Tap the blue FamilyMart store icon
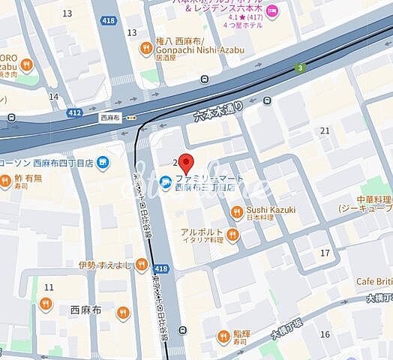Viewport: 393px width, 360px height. pos(164,178)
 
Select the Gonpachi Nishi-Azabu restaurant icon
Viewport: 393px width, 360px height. pos(145,49)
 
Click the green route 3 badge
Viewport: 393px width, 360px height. pos(301,67)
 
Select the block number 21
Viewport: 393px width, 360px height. pos(325,130)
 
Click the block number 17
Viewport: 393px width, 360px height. pos(325,253)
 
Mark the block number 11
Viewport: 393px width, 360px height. pos(49,287)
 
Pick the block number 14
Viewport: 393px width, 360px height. pos(53,97)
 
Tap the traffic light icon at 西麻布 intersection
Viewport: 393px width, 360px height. pos(132,117)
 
